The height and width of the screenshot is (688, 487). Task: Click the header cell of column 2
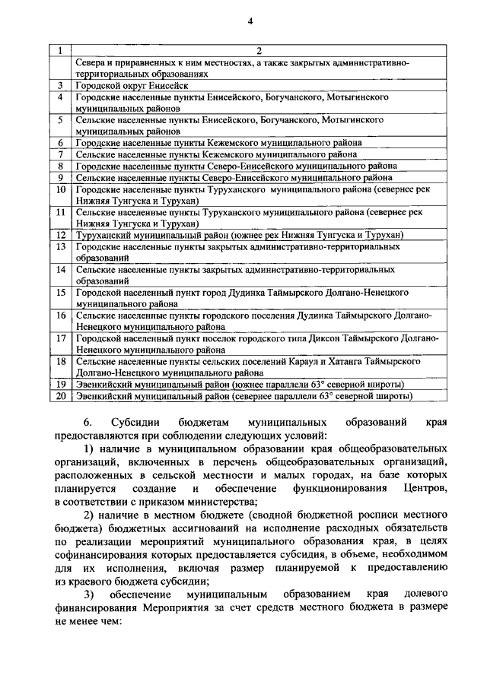(x=259, y=51)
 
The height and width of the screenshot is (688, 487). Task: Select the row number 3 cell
(x=60, y=87)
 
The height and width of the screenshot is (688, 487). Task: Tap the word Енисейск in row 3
(x=164, y=87)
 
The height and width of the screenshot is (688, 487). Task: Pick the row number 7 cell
(x=60, y=154)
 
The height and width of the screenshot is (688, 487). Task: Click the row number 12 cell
(x=60, y=235)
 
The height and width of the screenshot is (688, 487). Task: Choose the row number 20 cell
(x=60, y=396)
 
